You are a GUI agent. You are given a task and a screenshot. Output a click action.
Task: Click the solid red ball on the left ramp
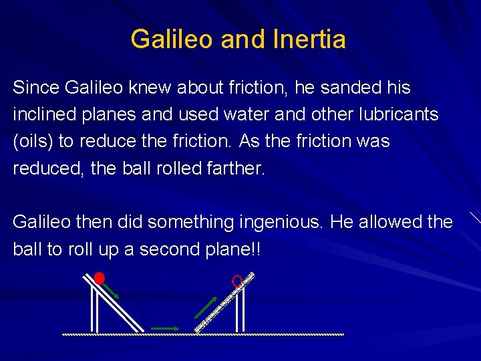pyautogui.click(x=100, y=278)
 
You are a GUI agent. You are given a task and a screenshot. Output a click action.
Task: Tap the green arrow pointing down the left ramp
pyautogui.click(x=111, y=291)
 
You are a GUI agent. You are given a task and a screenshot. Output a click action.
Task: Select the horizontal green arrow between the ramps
pyautogui.click(x=165, y=328)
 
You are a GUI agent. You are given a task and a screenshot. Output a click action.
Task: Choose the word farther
pyautogui.click(x=236, y=168)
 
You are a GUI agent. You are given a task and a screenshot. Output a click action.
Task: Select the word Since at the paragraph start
pyautogui.click(x=36, y=88)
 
